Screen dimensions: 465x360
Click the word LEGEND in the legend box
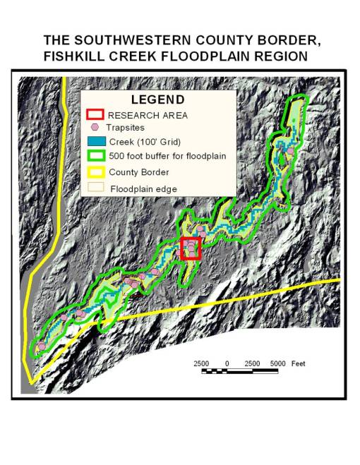click(x=157, y=100)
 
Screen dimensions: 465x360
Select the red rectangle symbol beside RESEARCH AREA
click(x=95, y=115)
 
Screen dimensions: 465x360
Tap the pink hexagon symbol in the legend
click(x=95, y=128)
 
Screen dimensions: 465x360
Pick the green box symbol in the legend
click(x=95, y=156)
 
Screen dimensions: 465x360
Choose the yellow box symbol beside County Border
click(x=95, y=172)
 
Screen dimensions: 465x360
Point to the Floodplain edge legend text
click(x=143, y=189)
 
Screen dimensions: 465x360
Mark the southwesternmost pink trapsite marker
click(x=41, y=346)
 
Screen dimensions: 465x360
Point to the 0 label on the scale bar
click(x=227, y=363)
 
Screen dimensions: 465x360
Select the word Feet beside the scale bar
click(x=297, y=363)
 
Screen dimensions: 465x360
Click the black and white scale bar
click(x=240, y=370)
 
